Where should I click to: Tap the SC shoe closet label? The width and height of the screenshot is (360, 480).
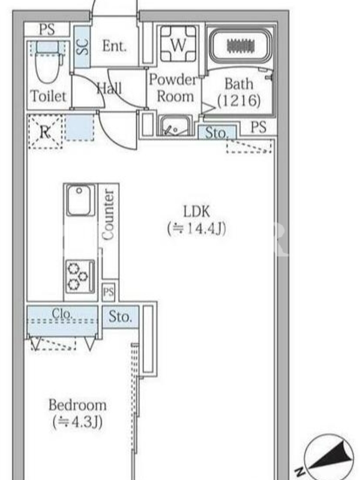pyautogui.click(x=82, y=47)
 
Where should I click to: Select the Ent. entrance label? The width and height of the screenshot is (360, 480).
pyautogui.click(x=114, y=46)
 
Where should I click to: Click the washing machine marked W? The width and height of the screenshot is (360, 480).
pyautogui.click(x=178, y=44)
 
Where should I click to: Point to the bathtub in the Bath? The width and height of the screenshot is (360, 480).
pyautogui.click(x=241, y=46)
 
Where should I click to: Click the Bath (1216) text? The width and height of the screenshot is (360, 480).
pyautogui.click(x=239, y=92)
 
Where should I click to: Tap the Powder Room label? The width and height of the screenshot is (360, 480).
pyautogui.click(x=173, y=88)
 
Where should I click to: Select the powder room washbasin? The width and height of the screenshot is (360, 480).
pyautogui.click(x=175, y=125)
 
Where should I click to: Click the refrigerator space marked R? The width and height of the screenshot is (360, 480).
pyautogui.click(x=46, y=132)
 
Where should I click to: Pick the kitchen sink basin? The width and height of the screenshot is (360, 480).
pyautogui.click(x=79, y=200)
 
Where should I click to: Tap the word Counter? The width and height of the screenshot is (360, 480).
pyautogui.click(x=109, y=215)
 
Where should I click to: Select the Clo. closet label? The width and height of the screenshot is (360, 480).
pyautogui.click(x=62, y=313)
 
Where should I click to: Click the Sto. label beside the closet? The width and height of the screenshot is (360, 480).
pyautogui.click(x=121, y=317)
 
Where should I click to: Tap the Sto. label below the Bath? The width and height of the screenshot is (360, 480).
pyautogui.click(x=217, y=133)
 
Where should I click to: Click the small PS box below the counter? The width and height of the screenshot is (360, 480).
pyautogui.click(x=109, y=292)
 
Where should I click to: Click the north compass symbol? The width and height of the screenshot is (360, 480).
pyautogui.click(x=326, y=455)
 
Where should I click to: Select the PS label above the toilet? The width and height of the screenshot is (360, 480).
pyautogui.click(x=47, y=29)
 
